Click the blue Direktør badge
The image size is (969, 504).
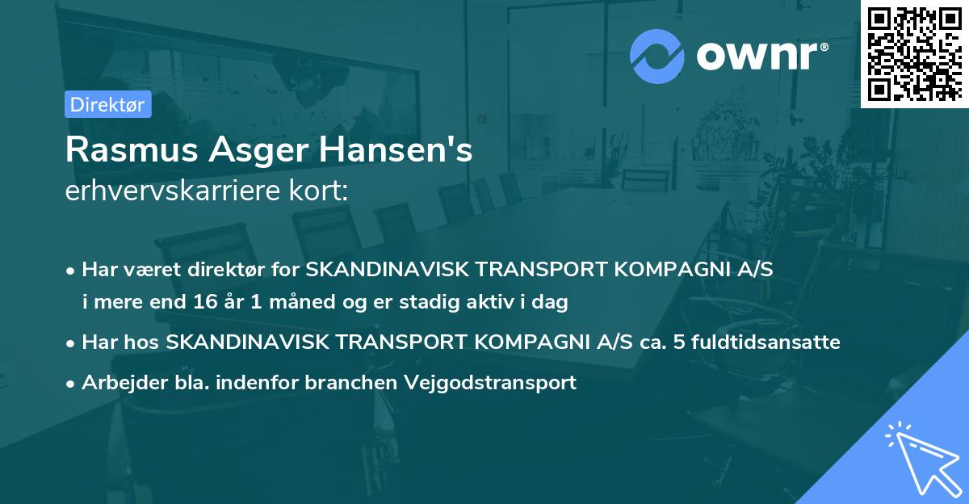[107, 104]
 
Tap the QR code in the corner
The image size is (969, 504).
[915, 53]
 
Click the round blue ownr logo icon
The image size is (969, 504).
[656, 57]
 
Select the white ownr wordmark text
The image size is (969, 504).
[757, 57]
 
